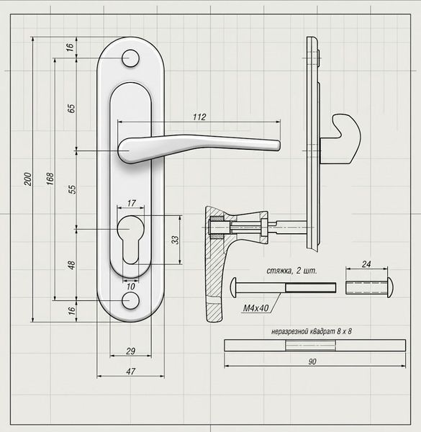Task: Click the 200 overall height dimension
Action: coord(28,179)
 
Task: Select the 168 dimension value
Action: coord(50,179)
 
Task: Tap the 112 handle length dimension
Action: coord(199,117)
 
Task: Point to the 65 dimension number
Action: coord(71,108)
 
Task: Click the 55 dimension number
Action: coord(72,189)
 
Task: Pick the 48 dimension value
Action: coord(71,265)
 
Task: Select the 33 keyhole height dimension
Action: coord(175,240)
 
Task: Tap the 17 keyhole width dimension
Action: coord(132,203)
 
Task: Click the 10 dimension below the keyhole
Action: coord(131,287)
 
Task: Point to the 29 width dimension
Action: coord(131,351)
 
